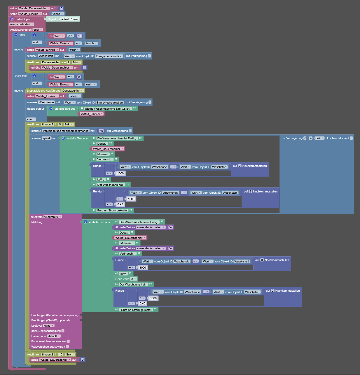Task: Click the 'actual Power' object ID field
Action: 70,19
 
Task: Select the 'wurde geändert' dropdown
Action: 22,24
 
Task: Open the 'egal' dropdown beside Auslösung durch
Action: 38,30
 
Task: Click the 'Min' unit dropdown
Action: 77,62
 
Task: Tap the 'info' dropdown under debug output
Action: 31,119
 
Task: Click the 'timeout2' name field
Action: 48,125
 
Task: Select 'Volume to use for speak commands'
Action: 65,131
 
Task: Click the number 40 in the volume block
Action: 101,131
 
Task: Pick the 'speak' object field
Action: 47,138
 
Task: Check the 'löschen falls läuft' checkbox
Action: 352,138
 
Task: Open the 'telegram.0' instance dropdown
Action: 53,217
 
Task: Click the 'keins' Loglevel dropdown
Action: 48,326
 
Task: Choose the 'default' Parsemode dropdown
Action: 54,336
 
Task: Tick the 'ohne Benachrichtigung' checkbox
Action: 63,331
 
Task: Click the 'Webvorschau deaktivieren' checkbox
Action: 67,347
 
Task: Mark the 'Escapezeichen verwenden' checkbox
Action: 68,341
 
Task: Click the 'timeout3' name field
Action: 48,355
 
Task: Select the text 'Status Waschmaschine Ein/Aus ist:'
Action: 107,109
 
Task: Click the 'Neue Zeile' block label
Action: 122,279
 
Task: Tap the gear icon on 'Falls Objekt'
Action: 12,19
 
